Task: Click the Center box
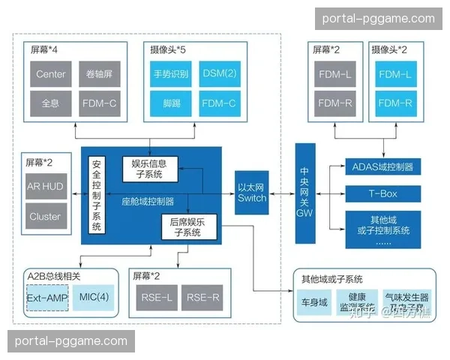pyautogui.click(x=51, y=74)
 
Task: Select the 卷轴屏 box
pyautogui.click(x=98, y=74)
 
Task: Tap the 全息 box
pyautogui.click(x=51, y=103)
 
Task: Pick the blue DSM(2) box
pyautogui.click(x=220, y=74)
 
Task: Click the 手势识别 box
pyautogui.click(x=171, y=74)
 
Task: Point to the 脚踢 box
pyautogui.click(x=171, y=103)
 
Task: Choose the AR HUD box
pyautogui.click(x=46, y=187)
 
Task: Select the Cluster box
pyautogui.click(x=46, y=217)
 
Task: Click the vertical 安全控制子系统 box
pyautogui.click(x=96, y=196)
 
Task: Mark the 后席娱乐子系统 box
pyautogui.click(x=187, y=226)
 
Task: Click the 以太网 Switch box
pyautogui.click(x=251, y=193)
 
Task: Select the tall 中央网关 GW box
pyautogui.click(x=304, y=193)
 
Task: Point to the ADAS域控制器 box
pyautogui.click(x=382, y=165)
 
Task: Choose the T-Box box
pyautogui.click(x=382, y=193)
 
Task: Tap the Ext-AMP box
pyautogui.click(x=47, y=298)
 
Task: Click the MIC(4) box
pyautogui.click(x=94, y=298)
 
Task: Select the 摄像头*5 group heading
pyautogui.click(x=168, y=49)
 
